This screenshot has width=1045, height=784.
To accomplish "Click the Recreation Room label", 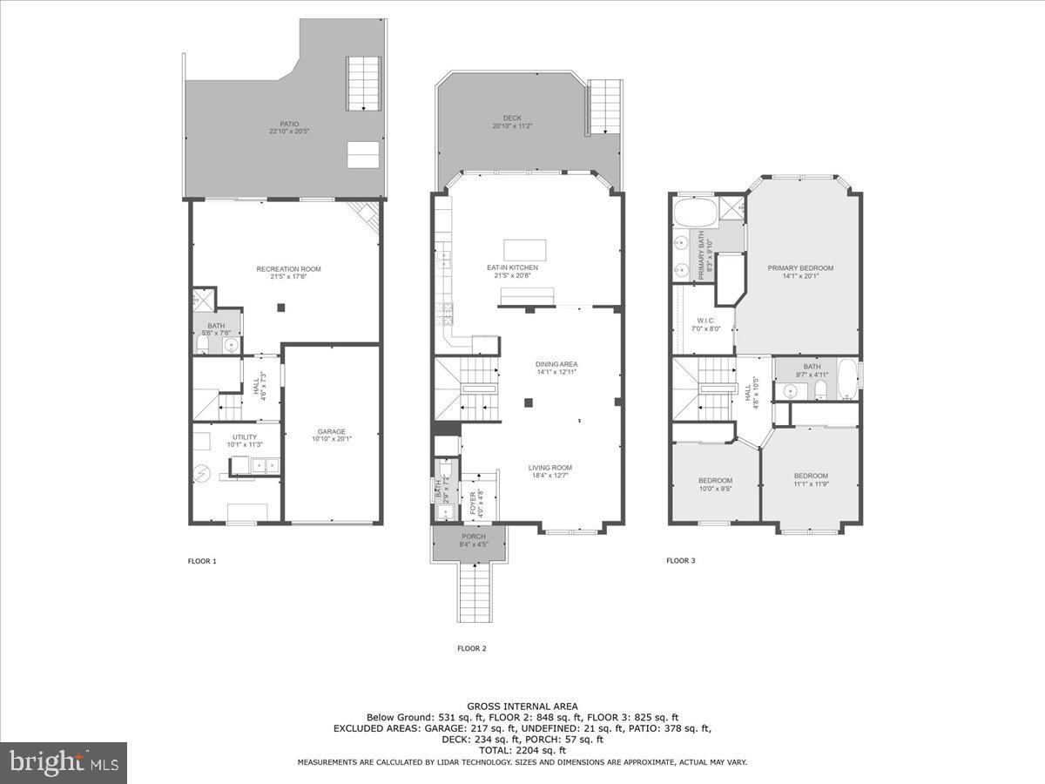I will [x=282, y=268].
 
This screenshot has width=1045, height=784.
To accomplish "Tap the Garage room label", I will [x=331, y=431].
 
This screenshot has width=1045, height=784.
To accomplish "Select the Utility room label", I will [x=244, y=436].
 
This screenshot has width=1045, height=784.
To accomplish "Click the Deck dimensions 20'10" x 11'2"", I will [x=511, y=126].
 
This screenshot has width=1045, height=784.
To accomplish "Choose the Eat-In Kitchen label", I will [x=512, y=267].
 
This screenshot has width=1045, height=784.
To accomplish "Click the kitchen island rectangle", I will [x=525, y=250].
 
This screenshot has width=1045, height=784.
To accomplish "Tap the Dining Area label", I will [x=556, y=364].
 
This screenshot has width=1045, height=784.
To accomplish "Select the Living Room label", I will [x=550, y=468].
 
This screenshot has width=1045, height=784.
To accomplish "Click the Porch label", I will [x=473, y=537].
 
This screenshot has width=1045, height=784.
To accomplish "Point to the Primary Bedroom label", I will [x=800, y=268].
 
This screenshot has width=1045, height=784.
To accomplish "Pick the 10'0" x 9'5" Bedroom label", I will [x=715, y=481].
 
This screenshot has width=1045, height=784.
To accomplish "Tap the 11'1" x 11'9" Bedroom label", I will [x=811, y=476].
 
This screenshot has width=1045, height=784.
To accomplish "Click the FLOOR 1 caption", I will [x=202, y=561].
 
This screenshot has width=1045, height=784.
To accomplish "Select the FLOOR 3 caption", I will [x=680, y=561].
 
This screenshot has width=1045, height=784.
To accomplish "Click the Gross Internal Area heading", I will [x=522, y=706].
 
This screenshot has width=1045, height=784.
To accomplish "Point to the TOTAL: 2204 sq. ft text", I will [x=522, y=750].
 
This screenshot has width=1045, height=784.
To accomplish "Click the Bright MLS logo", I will [x=64, y=763].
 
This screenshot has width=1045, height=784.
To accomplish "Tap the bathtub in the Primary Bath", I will [x=695, y=212].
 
